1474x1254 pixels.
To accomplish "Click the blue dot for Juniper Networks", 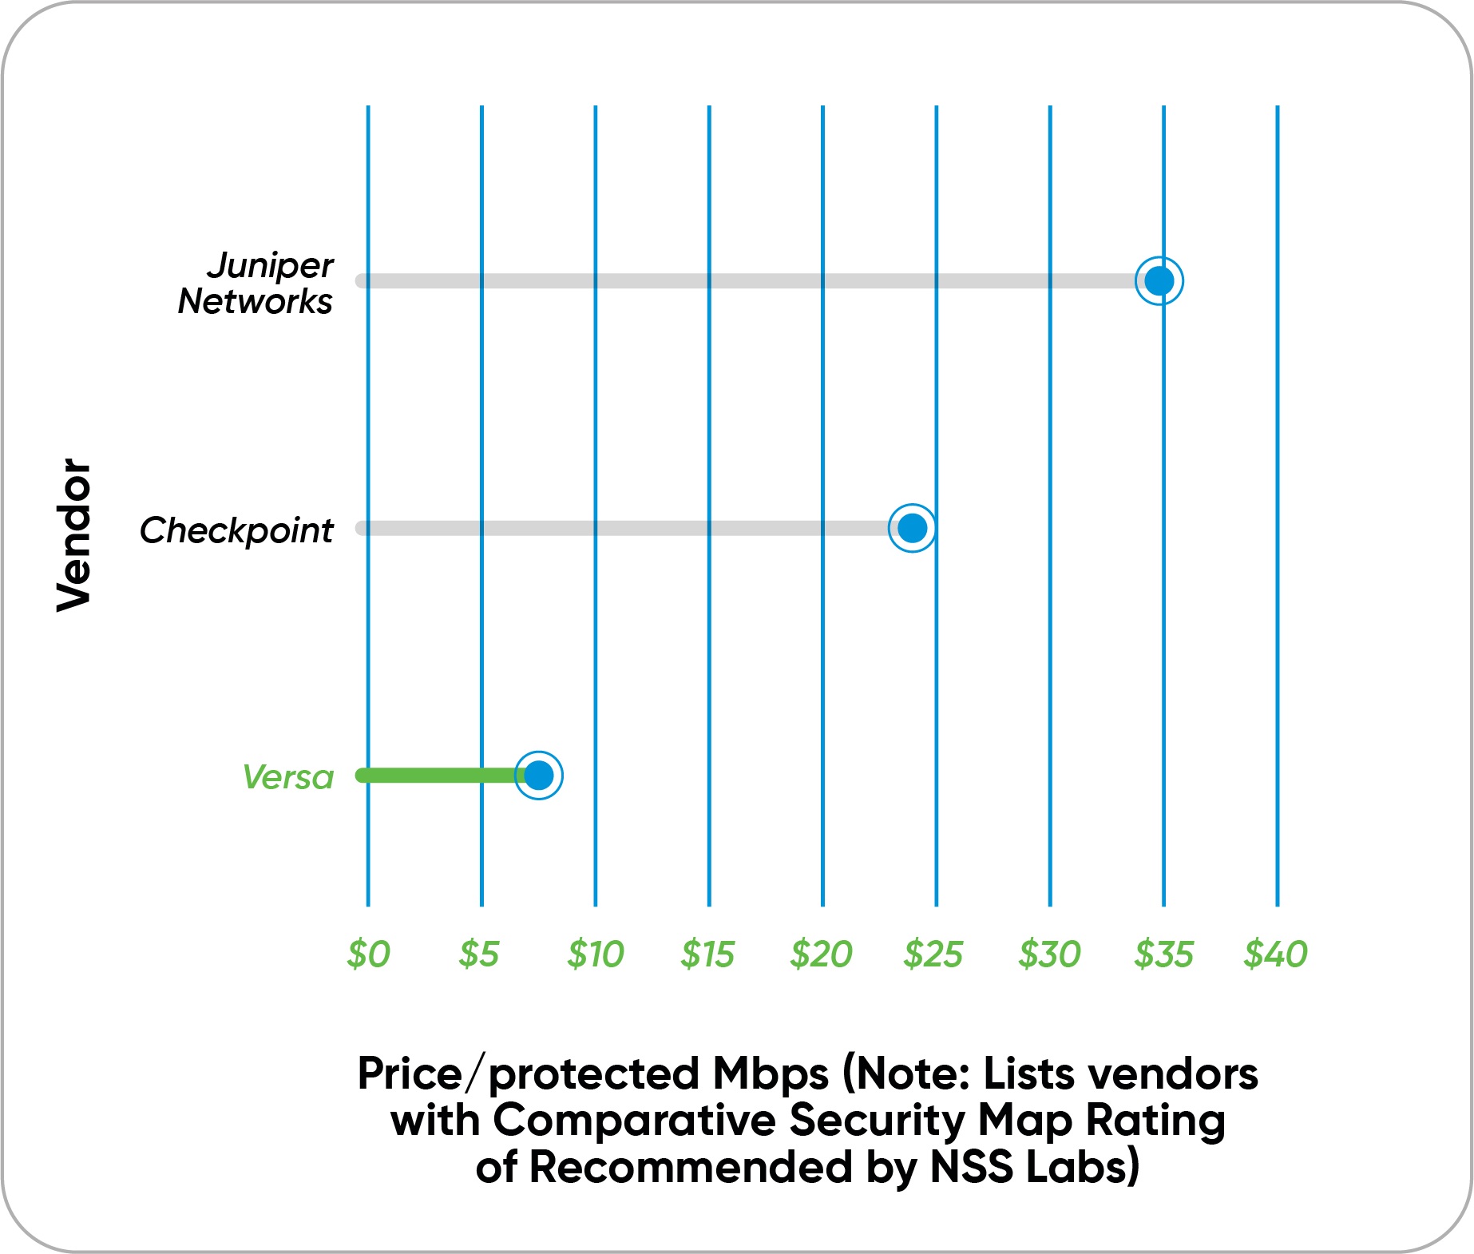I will click(x=1159, y=281).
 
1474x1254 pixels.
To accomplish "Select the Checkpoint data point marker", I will click(x=912, y=528).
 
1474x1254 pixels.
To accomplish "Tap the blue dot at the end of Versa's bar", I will click(x=539, y=775).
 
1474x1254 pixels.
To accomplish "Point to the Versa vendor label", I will click(x=288, y=777).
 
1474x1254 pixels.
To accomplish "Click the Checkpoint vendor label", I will click(x=236, y=530).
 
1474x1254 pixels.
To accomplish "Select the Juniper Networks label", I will click(x=256, y=283).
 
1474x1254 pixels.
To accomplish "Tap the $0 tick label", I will click(x=368, y=954).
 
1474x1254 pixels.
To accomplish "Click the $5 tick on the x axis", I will click(x=479, y=954).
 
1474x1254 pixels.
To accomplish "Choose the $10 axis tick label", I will click(x=595, y=954).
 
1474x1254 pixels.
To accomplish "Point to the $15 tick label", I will click(x=707, y=954).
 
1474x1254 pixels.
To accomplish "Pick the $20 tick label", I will click(x=822, y=954).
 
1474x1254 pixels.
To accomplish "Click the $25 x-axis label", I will click(x=933, y=954).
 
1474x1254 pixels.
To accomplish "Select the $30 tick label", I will click(x=1049, y=954).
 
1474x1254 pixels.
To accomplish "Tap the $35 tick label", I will click(x=1163, y=954).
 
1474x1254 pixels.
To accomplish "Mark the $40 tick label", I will click(x=1276, y=954).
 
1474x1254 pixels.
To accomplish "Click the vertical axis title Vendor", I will click(x=74, y=534).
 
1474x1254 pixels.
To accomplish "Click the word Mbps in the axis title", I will click(x=771, y=1075).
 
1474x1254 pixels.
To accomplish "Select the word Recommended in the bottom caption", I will click(x=691, y=1168).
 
